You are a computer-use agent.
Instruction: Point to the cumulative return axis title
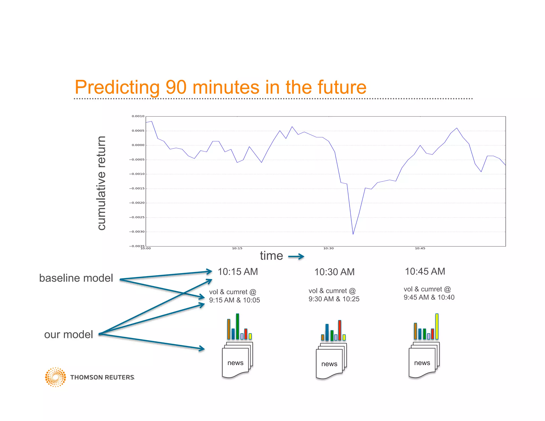102,183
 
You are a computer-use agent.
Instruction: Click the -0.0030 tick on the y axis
137,232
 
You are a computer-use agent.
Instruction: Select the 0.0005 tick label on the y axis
138,131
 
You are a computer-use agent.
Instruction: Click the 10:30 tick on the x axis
328,248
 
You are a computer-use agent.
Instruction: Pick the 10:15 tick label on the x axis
237,248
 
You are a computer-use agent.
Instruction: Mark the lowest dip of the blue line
353,234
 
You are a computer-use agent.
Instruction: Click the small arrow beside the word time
296,257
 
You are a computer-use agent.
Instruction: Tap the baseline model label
76,278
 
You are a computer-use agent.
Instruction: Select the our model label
69,335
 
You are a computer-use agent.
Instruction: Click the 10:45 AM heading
425,271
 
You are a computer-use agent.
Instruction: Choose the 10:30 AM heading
335,272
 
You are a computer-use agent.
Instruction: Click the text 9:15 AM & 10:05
234,300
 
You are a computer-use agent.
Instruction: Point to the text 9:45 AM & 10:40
429,298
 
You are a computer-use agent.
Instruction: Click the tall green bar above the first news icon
237,326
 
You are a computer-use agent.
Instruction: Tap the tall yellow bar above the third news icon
437,326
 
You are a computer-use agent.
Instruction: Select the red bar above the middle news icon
340,330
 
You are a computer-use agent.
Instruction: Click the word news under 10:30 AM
329,364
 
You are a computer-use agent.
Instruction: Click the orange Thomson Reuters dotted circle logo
55,377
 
